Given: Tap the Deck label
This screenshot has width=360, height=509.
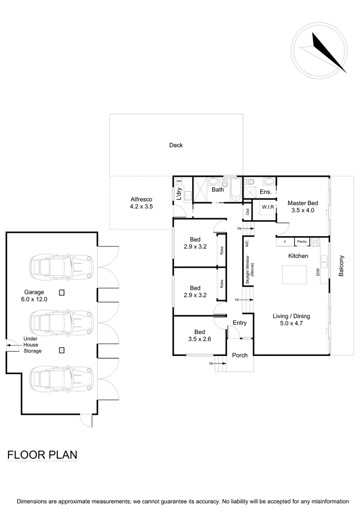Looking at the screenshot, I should click(x=176, y=145).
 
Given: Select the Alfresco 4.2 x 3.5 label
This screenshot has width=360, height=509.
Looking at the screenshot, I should click(x=141, y=203).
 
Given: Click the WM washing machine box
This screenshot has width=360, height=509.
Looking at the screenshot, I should click(x=179, y=181).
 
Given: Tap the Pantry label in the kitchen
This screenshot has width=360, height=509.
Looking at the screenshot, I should click(x=302, y=242).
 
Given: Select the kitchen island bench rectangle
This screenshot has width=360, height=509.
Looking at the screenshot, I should click(x=295, y=274).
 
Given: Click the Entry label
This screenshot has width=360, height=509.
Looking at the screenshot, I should click(x=239, y=323).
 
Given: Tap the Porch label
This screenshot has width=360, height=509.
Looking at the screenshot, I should click(x=240, y=355).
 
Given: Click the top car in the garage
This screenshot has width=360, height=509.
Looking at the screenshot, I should click(x=62, y=267).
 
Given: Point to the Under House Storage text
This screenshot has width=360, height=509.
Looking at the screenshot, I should click(x=33, y=345).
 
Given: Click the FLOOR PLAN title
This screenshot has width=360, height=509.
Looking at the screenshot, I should click(x=42, y=455).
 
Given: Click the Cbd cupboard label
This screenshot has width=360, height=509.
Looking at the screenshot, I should click(x=247, y=212).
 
